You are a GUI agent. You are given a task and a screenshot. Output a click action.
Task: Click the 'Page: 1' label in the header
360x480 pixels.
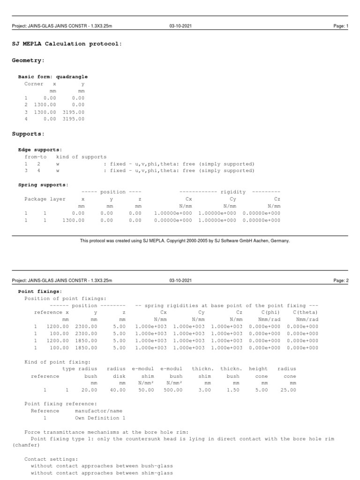click(x=340, y=26)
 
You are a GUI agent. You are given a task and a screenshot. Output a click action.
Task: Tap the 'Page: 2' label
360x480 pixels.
click(x=340, y=280)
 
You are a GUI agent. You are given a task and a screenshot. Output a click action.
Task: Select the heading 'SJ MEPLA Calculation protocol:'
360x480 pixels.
click(x=67, y=44)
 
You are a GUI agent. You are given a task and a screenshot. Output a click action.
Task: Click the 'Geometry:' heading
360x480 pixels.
click(x=28, y=60)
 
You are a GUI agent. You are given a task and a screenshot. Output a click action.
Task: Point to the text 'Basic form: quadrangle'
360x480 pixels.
click(x=52, y=76)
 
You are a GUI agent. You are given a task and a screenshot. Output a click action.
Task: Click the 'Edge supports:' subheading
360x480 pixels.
click(x=40, y=150)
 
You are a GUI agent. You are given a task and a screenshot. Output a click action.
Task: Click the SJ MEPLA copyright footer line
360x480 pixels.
click(x=185, y=240)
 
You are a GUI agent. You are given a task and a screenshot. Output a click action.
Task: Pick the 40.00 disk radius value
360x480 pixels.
click(x=116, y=390)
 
